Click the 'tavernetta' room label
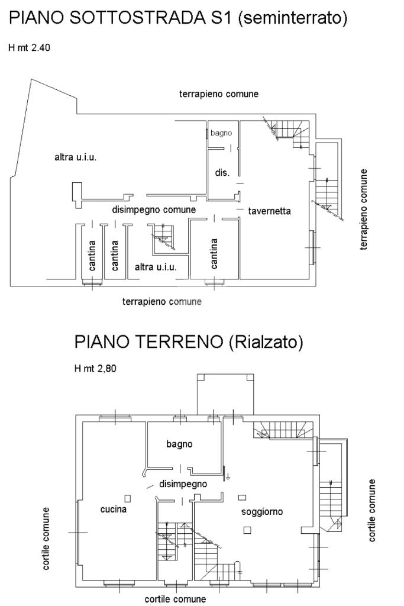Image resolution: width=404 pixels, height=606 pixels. [269, 211]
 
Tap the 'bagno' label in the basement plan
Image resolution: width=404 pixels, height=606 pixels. [221, 133]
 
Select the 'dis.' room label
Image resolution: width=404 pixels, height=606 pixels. [222, 172]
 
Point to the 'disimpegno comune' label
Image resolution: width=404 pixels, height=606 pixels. [154, 210]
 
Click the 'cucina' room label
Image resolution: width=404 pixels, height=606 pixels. [113, 510]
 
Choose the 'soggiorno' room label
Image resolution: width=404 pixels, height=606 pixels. [262, 512]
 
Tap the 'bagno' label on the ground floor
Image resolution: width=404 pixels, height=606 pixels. [179, 444]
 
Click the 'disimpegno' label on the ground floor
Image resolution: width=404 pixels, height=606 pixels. [183, 484]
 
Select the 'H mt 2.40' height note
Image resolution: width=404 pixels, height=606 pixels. [30, 47]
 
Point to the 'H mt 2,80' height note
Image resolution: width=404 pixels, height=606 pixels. [95, 368]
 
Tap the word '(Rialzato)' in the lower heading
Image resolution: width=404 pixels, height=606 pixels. [266, 342]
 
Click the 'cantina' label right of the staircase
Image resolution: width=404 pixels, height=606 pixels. [214, 253]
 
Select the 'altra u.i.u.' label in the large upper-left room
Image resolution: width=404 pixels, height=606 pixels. [75, 157]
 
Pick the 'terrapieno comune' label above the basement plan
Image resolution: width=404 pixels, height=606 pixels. [219, 94]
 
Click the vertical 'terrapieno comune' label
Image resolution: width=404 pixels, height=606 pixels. [363, 209]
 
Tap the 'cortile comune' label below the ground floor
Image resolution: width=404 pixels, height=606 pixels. [175, 599]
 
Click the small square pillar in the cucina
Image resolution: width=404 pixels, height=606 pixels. [127, 498]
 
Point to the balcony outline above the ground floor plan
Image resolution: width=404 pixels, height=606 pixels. [225, 374]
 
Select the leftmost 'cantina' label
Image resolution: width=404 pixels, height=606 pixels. [92, 256]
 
